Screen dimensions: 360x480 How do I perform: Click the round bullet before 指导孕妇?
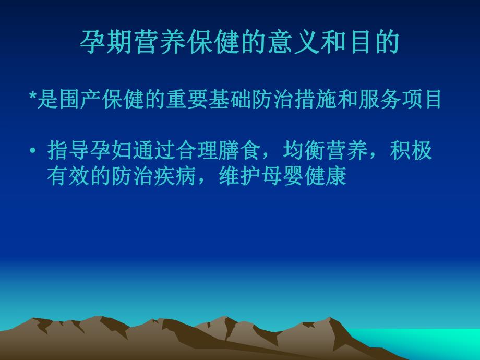coord(33,151)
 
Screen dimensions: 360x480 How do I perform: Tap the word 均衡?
coord(305,151)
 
